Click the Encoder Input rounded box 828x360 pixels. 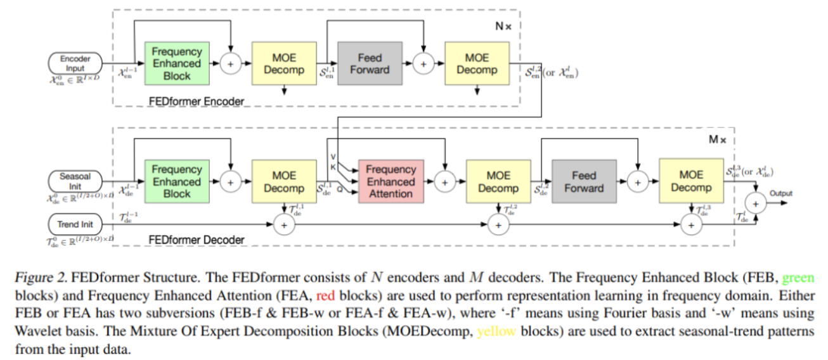coord(75,63)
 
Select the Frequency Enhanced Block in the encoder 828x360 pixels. coord(177,63)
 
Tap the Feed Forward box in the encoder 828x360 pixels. coord(370,63)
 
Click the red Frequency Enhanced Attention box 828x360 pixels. coord(391,181)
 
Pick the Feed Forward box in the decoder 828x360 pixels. coord(585,181)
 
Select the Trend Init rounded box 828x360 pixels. coord(75,224)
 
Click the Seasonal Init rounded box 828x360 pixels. coord(75,181)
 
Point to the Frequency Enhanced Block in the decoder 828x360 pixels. coord(177,181)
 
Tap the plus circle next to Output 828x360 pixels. coord(756,203)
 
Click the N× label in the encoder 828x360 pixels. coord(503,26)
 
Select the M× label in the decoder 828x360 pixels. coord(718,139)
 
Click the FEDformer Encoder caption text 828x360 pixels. coord(197,101)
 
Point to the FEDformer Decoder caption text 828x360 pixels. coord(197,240)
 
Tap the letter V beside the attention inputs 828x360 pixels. coord(333,157)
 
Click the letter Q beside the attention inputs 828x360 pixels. coord(340,190)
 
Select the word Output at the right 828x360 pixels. coord(781,193)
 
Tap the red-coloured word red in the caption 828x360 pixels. coord(326,296)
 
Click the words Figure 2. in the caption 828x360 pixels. coord(41,278)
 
